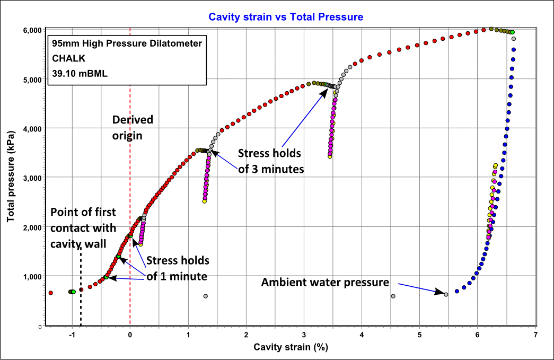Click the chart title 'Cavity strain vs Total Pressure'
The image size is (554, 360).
(286, 17)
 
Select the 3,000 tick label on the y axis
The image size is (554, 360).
(32, 178)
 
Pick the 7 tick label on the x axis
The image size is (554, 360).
(535, 335)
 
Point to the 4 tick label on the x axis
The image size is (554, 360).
(362, 335)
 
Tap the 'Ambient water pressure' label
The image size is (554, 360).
(325, 283)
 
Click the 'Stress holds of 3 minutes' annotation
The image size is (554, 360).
(270, 162)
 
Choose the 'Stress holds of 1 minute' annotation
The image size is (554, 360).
(178, 268)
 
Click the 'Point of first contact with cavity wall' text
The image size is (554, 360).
(83, 228)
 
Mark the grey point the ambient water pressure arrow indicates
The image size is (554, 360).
(446, 294)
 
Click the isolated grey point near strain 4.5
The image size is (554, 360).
(393, 296)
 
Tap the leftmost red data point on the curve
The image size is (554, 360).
(51, 293)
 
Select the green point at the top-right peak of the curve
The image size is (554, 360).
(512, 32)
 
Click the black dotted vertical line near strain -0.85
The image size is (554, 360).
(81, 286)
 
